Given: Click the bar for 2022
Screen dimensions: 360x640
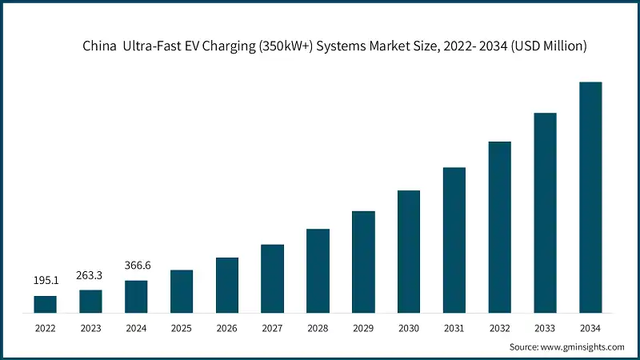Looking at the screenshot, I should click(x=45, y=304).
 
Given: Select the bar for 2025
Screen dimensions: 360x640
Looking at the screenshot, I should click(x=182, y=291).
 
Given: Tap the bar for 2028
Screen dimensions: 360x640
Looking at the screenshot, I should click(x=318, y=270).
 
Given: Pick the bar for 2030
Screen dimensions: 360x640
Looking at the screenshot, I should click(x=409, y=251).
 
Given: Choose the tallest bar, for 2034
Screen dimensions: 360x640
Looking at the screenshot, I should click(x=590, y=197).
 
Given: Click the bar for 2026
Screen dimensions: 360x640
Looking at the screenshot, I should click(x=227, y=285).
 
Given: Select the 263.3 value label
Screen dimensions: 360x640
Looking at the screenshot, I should click(x=90, y=275).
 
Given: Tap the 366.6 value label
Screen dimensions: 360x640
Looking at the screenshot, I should click(x=136, y=266).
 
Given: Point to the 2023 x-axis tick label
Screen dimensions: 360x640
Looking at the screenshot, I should click(x=90, y=327).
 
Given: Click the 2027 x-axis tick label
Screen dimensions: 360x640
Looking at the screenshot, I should click(x=272, y=327).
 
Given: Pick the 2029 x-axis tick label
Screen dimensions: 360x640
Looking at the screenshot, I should click(x=363, y=327).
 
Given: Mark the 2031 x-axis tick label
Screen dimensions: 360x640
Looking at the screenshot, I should click(x=454, y=327).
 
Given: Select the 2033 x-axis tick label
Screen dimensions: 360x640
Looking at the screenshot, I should click(x=545, y=327).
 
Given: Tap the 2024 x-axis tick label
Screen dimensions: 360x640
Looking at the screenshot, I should click(x=136, y=327).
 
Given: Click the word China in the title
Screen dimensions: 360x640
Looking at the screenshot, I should click(x=100, y=46).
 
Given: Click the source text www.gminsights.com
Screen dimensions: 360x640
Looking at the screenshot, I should click(x=582, y=346).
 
